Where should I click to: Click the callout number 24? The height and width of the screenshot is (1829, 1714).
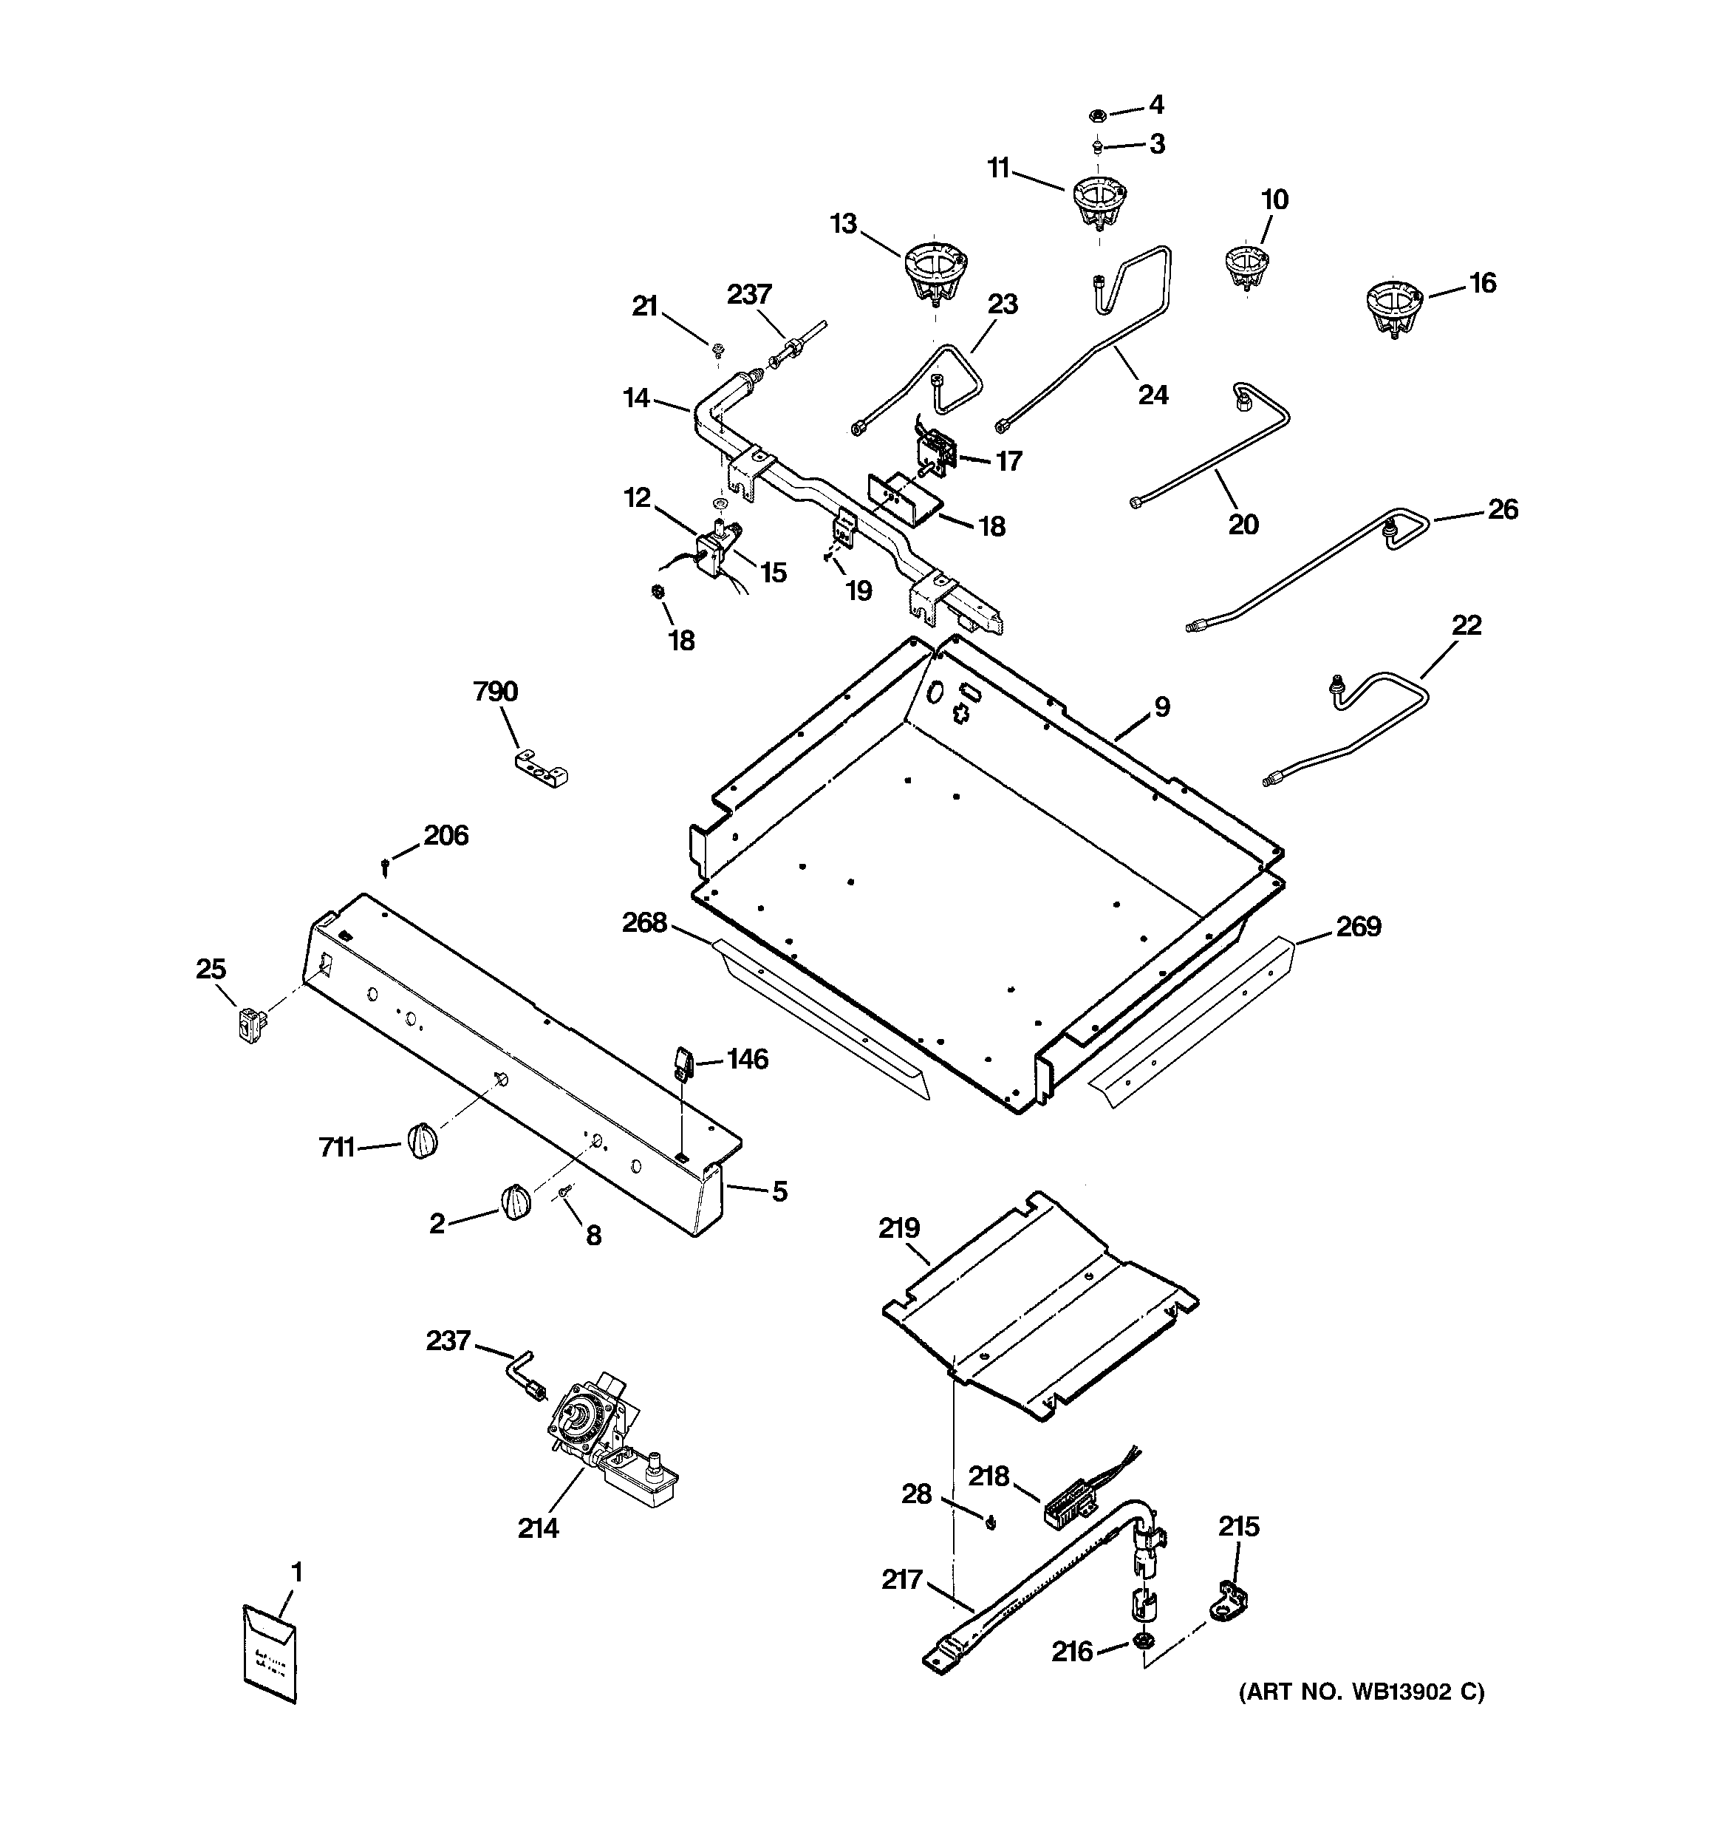pyautogui.click(x=1153, y=395)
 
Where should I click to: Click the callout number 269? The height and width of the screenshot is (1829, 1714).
pyautogui.click(x=1358, y=927)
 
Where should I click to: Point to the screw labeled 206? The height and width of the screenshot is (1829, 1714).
pyautogui.click(x=386, y=865)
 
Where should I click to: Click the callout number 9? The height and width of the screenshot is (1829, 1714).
pyautogui.click(x=1162, y=707)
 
